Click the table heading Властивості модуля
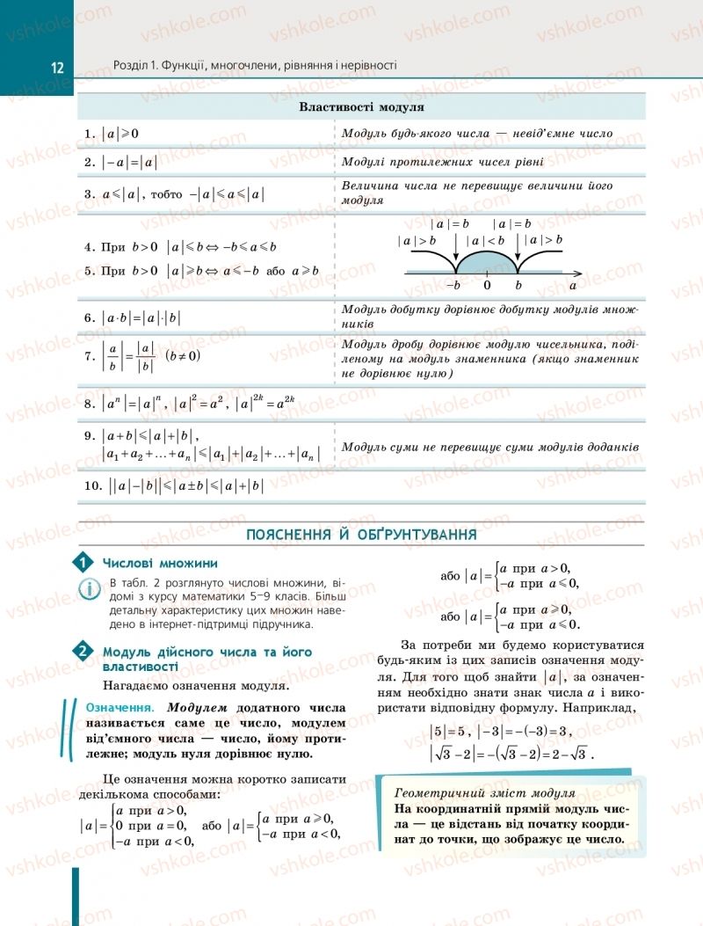click(361, 107)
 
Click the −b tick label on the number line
click(453, 286)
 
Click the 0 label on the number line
click(487, 286)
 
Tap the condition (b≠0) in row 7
click(183, 355)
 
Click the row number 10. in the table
click(95, 485)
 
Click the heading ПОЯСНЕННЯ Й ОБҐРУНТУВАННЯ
click(361, 535)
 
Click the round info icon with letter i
click(90, 589)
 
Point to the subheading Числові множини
click(160, 564)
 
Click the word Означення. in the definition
click(120, 707)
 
